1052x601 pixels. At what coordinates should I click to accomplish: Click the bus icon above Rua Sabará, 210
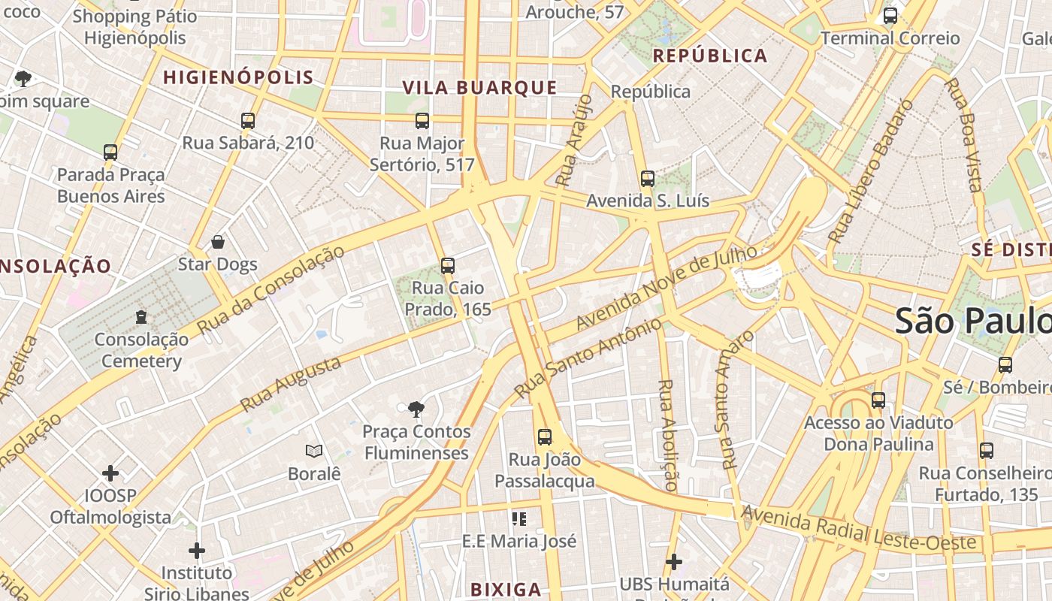248,120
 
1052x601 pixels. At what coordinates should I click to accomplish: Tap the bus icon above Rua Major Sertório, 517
422,120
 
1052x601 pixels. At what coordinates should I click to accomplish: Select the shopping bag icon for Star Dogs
218,242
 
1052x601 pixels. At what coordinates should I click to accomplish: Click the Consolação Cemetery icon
141,317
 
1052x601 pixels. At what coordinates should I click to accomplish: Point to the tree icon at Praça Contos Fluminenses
416,409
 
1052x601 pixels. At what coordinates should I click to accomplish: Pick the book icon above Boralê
314,451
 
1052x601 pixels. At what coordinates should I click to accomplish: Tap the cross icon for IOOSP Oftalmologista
110,473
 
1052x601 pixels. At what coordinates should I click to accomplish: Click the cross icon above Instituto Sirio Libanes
197,551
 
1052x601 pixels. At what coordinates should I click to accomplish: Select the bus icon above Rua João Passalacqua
545,436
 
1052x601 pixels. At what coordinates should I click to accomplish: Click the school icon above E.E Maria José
518,518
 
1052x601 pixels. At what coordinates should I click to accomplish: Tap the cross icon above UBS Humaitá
674,561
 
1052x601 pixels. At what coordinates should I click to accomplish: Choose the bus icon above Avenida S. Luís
648,179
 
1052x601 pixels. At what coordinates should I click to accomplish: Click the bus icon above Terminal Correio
890,16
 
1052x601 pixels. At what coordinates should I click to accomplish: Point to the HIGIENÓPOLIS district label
238,77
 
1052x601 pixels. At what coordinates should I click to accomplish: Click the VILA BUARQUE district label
479,88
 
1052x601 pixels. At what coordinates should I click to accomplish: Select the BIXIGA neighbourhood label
506,590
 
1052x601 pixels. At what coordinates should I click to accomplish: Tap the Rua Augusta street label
290,385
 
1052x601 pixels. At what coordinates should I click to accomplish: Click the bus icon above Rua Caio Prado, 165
448,265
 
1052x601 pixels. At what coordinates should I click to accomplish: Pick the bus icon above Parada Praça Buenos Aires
110,153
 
